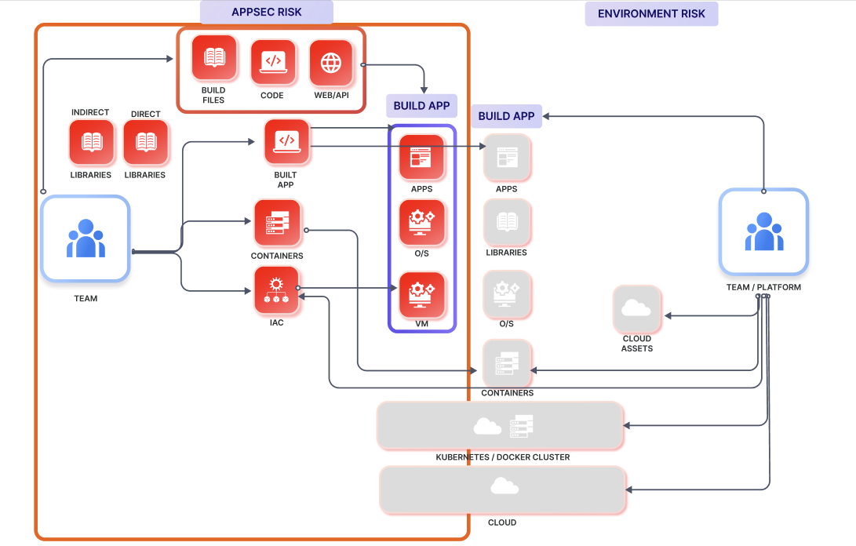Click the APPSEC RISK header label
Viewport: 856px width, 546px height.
click(x=267, y=13)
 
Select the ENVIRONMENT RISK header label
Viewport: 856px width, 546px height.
click(x=651, y=13)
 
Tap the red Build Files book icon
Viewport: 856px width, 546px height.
click(x=213, y=59)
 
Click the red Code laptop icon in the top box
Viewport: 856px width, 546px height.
click(x=272, y=62)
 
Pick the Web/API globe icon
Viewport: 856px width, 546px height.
click(x=331, y=63)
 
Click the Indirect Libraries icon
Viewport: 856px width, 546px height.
click(x=91, y=143)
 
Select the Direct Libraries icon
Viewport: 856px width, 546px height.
click(x=145, y=143)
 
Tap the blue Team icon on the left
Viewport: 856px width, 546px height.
click(x=86, y=238)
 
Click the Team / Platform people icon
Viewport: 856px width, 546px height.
click(x=763, y=231)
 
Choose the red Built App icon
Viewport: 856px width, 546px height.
click(x=287, y=142)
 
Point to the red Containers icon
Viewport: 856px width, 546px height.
click(x=277, y=223)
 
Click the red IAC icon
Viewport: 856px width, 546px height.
click(x=276, y=289)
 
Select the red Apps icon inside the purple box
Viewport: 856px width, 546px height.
click(x=421, y=158)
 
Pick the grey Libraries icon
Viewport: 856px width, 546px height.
click(x=507, y=223)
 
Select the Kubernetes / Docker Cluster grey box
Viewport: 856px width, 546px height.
click(x=501, y=426)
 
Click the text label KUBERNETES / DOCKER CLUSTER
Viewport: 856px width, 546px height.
click(x=502, y=457)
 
